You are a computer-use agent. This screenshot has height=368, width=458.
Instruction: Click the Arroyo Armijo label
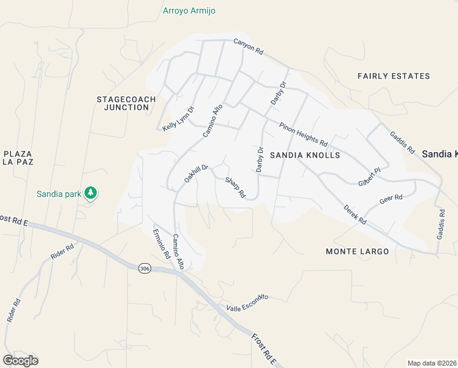click(189, 11)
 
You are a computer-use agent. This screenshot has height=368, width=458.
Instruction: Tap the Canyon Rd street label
click(248, 48)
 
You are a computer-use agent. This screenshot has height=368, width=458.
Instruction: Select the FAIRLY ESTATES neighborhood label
click(394, 76)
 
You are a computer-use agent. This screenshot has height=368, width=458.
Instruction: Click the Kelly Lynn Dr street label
click(178, 119)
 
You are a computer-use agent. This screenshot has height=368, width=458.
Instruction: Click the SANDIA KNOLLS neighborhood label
click(304, 155)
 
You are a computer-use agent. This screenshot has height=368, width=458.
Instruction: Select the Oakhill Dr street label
click(197, 174)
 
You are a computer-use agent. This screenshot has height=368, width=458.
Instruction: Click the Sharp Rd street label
click(235, 188)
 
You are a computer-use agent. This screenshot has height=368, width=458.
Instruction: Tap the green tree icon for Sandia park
click(91, 193)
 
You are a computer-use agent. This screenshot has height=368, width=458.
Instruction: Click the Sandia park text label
click(59, 194)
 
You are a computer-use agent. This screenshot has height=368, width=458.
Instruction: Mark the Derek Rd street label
click(355, 215)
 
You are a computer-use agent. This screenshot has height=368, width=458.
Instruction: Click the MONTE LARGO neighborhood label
click(357, 252)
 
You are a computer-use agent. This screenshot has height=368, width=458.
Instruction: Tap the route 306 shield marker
click(144, 269)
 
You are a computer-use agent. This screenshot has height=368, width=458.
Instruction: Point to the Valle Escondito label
click(247, 303)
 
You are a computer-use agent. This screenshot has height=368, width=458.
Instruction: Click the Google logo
click(20, 361)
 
